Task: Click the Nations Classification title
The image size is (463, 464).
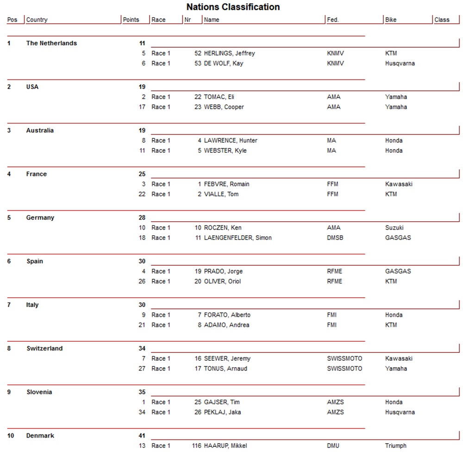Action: (233, 7)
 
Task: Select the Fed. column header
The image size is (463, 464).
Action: (332, 20)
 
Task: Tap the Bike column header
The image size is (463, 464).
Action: (391, 20)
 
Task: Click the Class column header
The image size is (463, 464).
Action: (442, 20)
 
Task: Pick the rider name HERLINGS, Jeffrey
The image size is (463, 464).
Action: (229, 53)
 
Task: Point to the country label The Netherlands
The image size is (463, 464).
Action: (51, 43)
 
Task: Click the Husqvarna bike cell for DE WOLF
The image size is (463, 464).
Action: (400, 63)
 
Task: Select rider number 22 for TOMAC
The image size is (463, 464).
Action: (198, 97)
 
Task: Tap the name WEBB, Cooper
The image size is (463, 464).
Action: (224, 107)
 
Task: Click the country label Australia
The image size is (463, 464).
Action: (40, 131)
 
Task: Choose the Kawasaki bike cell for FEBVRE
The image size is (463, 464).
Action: (399, 184)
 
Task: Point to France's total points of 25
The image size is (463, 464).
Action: (142, 174)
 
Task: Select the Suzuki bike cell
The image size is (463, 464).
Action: (394, 228)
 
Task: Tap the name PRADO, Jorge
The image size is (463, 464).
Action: (223, 271)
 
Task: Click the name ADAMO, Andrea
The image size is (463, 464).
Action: (226, 325)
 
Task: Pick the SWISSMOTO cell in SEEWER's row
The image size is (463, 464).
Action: (344, 358)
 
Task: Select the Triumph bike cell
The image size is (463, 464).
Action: (395, 446)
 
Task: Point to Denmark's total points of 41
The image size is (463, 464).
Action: (142, 436)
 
